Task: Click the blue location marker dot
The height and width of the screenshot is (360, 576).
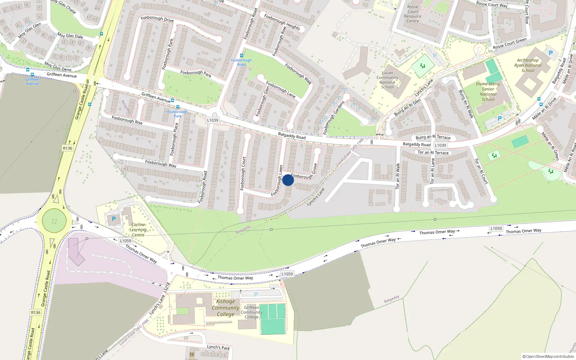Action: [288, 180]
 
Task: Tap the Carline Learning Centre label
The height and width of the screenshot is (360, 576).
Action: [138, 230]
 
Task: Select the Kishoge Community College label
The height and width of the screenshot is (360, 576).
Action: [226, 308]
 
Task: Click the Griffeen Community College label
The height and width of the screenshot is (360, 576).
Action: [251, 312]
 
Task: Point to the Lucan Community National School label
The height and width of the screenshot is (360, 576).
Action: [387, 80]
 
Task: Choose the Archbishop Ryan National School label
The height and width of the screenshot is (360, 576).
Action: [528, 65]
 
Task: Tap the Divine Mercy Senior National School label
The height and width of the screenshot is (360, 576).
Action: [488, 91]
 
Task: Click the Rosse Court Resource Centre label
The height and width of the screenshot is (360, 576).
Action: [413, 14]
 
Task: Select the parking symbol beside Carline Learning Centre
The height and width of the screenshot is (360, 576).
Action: [114, 219]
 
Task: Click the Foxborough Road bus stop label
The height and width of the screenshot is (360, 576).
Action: [241, 62]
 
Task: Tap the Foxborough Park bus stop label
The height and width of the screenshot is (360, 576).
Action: [178, 114]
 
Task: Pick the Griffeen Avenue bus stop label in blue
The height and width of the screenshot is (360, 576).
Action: [32, 81]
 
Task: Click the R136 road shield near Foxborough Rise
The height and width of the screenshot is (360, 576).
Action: [67, 148]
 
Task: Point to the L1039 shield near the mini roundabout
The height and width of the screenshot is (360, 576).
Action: [213, 120]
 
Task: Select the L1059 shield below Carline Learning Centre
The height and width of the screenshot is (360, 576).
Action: [126, 241]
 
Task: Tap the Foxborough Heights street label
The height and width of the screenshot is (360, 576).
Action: [282, 22]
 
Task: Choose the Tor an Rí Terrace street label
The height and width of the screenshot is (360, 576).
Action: [433, 153]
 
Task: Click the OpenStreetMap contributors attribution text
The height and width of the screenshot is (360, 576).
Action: [548, 356]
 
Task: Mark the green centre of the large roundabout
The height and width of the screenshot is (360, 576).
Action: [54, 220]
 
